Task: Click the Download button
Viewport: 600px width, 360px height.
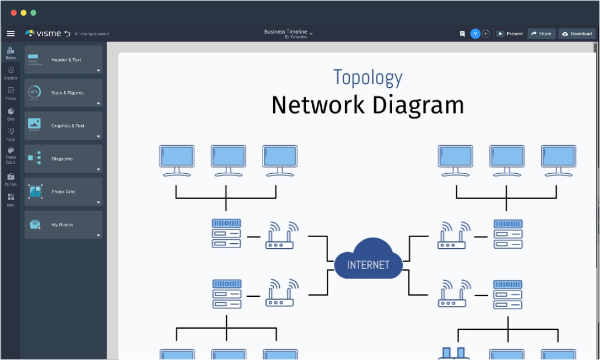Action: tap(577, 34)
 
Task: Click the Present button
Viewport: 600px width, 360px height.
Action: tap(509, 34)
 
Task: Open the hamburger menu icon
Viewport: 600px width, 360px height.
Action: tap(11, 34)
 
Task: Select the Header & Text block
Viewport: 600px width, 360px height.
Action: tap(63, 60)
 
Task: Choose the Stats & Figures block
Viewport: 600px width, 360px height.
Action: tap(63, 93)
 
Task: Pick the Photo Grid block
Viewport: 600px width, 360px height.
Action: tap(63, 192)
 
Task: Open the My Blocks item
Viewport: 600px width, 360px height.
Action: tap(63, 225)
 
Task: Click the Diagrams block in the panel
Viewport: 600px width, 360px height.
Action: tap(63, 159)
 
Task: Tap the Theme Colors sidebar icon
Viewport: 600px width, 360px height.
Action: tap(11, 154)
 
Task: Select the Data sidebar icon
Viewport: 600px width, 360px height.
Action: tap(11, 114)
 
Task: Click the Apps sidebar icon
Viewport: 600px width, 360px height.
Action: tap(11, 200)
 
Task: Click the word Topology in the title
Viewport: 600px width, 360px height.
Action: tap(368, 78)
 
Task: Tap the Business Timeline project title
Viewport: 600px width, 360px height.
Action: tap(285, 32)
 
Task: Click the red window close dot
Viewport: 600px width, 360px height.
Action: tap(14, 12)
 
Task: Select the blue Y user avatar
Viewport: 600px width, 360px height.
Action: tap(475, 34)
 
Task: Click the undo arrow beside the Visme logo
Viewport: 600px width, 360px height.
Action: tap(68, 34)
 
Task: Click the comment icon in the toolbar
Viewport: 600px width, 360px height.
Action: tap(462, 34)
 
